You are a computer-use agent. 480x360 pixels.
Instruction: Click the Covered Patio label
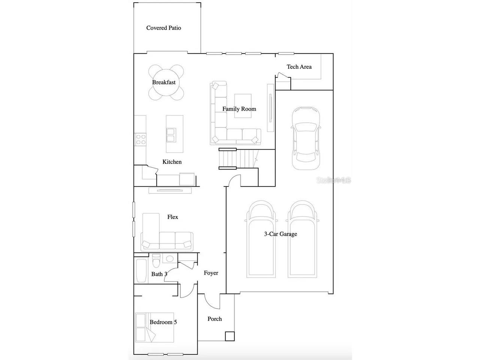pyautogui.click(x=163, y=28)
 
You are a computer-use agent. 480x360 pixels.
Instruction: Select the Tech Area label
pyautogui.click(x=299, y=67)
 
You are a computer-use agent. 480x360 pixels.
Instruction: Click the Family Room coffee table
pyautogui.click(x=243, y=106)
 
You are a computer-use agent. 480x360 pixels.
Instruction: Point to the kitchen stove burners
pyautogui.click(x=141, y=139)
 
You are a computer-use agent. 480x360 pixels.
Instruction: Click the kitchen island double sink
pyautogui.click(x=171, y=135)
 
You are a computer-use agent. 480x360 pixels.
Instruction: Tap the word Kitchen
pyautogui.click(x=172, y=162)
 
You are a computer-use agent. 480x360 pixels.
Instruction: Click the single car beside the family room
pyautogui.click(x=306, y=138)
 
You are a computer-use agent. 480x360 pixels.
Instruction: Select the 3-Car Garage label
pyautogui.click(x=280, y=234)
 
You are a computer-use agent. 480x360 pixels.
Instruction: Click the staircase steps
pyautogui.click(x=239, y=159)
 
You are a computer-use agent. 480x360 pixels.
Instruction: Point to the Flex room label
pyautogui.click(x=172, y=217)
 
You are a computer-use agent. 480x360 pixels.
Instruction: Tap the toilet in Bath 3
pyautogui.click(x=156, y=260)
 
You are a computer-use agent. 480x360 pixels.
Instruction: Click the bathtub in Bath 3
pyautogui.click(x=141, y=271)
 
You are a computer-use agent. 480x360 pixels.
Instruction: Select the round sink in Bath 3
pyautogui.click(x=170, y=259)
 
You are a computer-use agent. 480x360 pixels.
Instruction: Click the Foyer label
pyautogui.click(x=211, y=273)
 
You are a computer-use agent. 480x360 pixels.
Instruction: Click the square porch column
pyautogui.click(x=230, y=336)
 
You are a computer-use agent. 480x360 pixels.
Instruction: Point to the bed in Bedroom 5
pyautogui.click(x=154, y=327)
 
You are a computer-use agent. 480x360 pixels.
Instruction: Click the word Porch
pyautogui.click(x=214, y=319)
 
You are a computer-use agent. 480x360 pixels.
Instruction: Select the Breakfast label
pyautogui.click(x=164, y=82)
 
